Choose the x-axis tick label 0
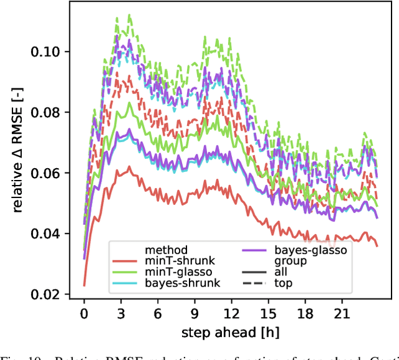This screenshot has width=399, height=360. [84, 310]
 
